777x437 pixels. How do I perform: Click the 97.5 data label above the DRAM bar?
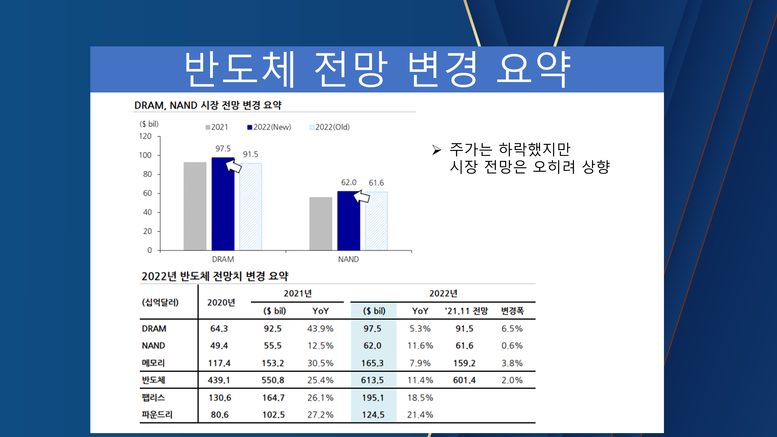pyautogui.click(x=223, y=149)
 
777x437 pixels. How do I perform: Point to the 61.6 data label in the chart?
pyautogui.click(x=376, y=183)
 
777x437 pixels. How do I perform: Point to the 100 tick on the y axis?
pyautogui.click(x=145, y=155)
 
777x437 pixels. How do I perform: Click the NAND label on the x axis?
pyautogui.click(x=348, y=259)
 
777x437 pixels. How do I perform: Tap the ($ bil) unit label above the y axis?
pyautogui.click(x=149, y=124)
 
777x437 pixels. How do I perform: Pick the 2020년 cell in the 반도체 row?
pyautogui.click(x=219, y=380)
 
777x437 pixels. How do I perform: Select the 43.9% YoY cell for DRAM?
pyautogui.click(x=320, y=329)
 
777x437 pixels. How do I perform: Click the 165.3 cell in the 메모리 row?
pyautogui.click(x=373, y=363)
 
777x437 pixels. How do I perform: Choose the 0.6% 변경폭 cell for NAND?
pyautogui.click(x=512, y=346)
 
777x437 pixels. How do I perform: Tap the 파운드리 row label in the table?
pyautogui.click(x=157, y=415)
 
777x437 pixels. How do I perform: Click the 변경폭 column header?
pyautogui.click(x=512, y=311)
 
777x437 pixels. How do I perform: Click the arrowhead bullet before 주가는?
pyautogui.click(x=436, y=150)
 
